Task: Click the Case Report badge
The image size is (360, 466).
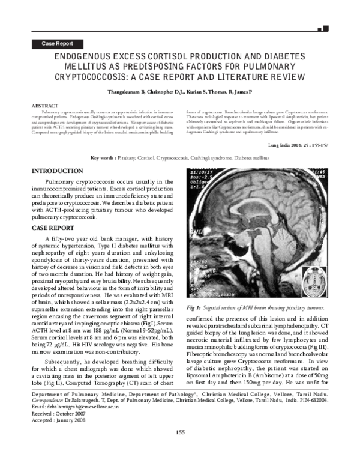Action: click(57, 44)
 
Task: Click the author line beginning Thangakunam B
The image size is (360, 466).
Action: click(180, 92)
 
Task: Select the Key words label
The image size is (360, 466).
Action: click(104, 158)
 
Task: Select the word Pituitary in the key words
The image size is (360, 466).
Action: click(129, 158)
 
